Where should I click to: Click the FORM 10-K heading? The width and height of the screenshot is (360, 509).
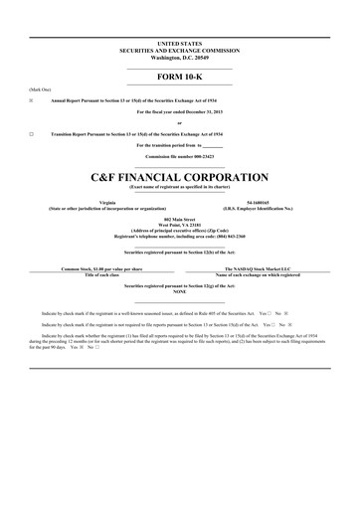tap(179, 77)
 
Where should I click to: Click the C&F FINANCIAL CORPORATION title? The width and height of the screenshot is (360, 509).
tap(179, 177)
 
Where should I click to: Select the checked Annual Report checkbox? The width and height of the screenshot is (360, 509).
tap(32, 101)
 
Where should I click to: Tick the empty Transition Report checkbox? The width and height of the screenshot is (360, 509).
tap(32, 132)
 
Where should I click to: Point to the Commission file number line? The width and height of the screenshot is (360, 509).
tap(179, 156)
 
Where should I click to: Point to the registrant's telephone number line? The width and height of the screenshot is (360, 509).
tap(179, 234)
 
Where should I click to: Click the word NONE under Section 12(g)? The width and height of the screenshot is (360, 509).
tap(179, 291)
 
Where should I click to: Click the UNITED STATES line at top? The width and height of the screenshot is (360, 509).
tap(179, 45)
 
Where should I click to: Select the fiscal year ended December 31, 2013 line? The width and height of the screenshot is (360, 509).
tap(179, 111)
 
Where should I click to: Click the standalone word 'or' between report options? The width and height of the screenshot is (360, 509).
tap(179, 122)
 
